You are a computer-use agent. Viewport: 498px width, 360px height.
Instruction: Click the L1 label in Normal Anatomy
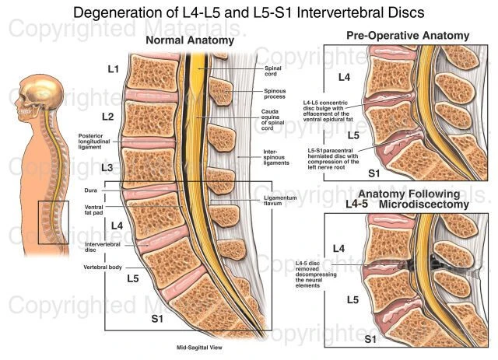coord(113,70)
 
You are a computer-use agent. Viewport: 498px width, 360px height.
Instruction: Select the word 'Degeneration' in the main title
coord(119,12)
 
